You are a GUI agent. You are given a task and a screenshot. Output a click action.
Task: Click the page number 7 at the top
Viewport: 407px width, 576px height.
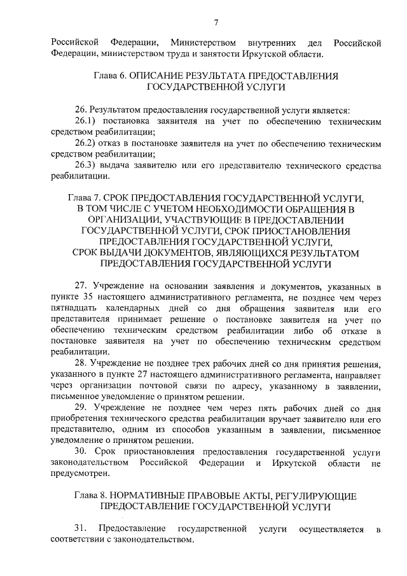pyautogui.click(x=216, y=24)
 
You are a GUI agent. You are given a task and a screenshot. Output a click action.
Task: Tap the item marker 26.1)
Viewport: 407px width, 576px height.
pyautogui.click(x=86, y=120)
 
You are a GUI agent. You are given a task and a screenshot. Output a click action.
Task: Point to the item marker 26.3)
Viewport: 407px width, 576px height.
pyautogui.click(x=86, y=166)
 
